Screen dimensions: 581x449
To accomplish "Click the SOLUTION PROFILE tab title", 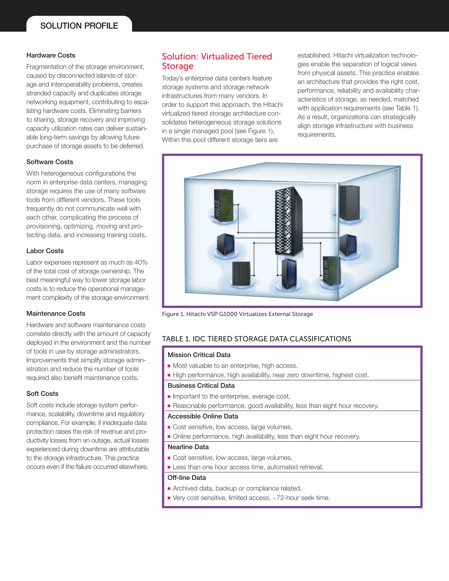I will (x=79, y=26).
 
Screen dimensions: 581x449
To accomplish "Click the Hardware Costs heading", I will (x=51, y=55).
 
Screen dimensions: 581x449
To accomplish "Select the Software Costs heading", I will (x=50, y=162).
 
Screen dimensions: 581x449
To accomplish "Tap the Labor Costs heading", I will (x=45, y=251).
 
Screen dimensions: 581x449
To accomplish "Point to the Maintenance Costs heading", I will (x=56, y=313).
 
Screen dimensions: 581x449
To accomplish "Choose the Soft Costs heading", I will (x=42, y=394).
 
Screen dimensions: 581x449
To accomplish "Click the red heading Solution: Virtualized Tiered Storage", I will (x=217, y=61).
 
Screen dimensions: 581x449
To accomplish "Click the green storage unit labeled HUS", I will (x=224, y=206).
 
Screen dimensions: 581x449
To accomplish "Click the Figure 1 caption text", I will (x=237, y=314).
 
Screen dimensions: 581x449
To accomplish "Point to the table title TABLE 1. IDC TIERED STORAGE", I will (x=257, y=339).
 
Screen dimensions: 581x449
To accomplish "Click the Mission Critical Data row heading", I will (x=199, y=355).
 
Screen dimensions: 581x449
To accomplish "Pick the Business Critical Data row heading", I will (x=201, y=386).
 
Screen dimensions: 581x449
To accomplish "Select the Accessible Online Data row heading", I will (x=203, y=416).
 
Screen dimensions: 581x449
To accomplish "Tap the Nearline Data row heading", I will (x=188, y=447).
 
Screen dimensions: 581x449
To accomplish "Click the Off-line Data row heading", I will (x=187, y=478).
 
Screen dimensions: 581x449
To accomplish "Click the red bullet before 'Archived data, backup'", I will (x=169, y=489).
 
